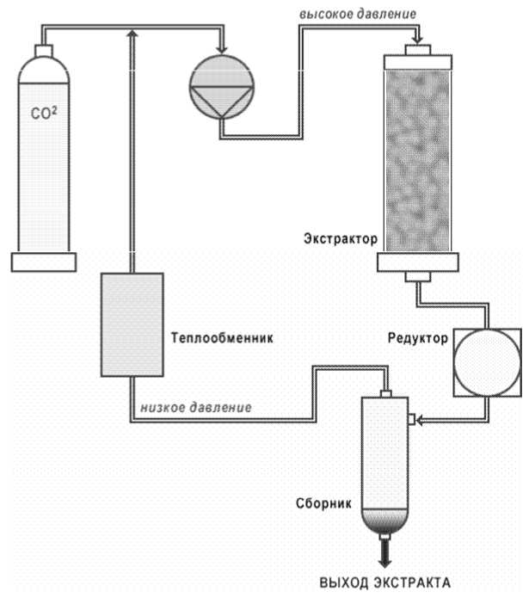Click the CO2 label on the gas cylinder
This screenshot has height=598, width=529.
(44, 113)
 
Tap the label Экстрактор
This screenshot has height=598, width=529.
(341, 238)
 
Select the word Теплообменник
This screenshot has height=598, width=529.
(222, 338)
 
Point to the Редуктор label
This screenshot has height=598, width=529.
(418, 338)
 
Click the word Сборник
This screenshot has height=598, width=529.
(323, 503)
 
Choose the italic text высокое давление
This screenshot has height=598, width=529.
(358, 14)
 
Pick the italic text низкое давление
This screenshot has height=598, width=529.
(196, 407)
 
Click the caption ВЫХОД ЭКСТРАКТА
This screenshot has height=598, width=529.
(385, 583)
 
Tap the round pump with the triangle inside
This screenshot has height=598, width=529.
(221, 87)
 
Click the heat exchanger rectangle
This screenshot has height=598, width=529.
(132, 324)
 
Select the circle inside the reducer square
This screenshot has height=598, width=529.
(488, 363)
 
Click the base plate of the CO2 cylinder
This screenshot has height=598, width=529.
(44, 262)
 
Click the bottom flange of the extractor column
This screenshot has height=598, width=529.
(418, 262)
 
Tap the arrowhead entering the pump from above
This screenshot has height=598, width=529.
(221, 50)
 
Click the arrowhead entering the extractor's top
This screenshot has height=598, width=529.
(418, 40)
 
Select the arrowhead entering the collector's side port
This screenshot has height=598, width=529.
(420, 421)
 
